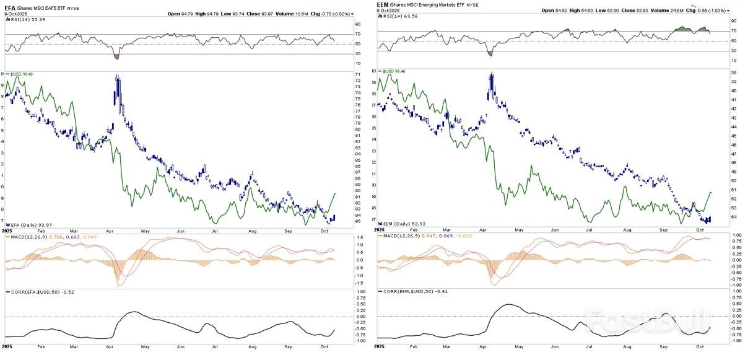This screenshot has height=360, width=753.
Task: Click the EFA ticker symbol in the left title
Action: pos(10,5)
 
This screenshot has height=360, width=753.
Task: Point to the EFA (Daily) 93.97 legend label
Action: pos(27,224)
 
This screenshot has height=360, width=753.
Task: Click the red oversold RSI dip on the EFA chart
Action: pos(117,56)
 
